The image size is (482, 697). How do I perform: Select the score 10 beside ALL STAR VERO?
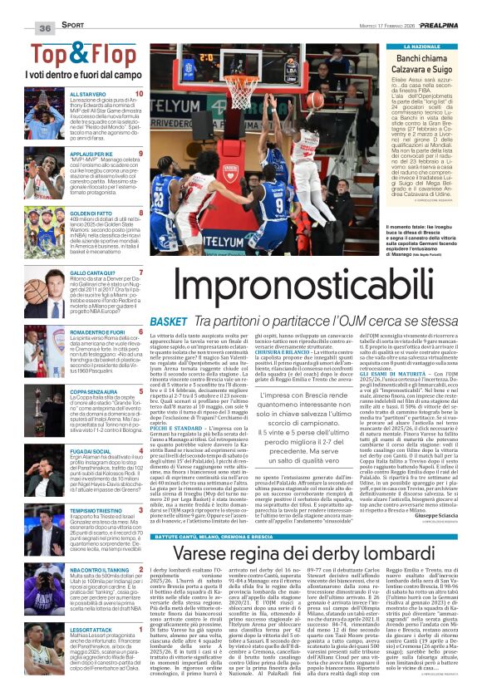138,95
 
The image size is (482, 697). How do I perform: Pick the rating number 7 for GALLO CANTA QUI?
140,272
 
